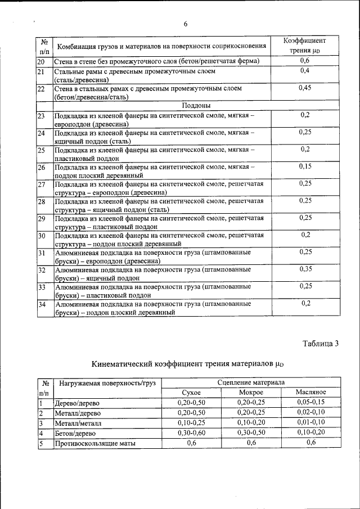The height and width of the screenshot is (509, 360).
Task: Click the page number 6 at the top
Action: [185, 24]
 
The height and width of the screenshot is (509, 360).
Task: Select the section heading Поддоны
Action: [196, 105]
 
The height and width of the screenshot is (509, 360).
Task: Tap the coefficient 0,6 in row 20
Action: [304, 61]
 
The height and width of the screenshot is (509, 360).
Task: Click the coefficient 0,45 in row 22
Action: [304, 88]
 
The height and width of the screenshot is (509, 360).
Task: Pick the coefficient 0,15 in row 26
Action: [305, 166]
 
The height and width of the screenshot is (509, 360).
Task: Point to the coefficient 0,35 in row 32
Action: [305, 269]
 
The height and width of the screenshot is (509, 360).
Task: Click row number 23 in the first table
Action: [41, 115]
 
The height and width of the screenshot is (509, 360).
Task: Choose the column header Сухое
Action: [191, 392]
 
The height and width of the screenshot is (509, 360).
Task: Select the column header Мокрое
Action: [251, 392]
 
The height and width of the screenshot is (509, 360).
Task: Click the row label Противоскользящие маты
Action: [95, 444]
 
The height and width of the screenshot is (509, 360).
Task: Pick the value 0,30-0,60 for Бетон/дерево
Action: [191, 433]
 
